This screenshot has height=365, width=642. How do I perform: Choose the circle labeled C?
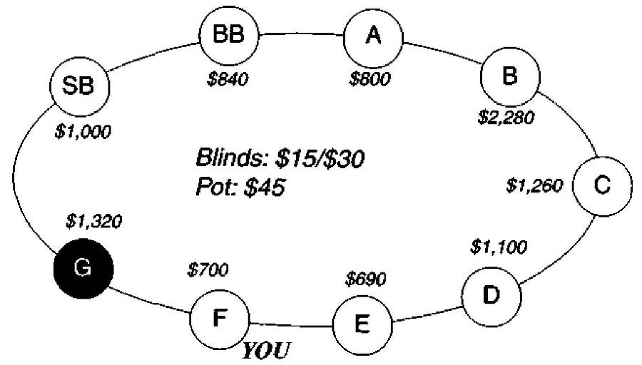tap(601, 185)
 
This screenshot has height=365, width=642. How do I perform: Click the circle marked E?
tap(362, 324)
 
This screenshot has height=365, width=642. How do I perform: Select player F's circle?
tap(219, 318)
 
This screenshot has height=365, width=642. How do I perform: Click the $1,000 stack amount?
tap(83, 133)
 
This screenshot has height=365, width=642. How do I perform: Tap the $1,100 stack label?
tap(499, 247)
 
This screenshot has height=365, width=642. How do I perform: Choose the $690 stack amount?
tap(365, 278)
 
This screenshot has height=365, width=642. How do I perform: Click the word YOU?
tap(267, 351)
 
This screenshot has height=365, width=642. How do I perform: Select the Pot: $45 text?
tap(240, 188)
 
